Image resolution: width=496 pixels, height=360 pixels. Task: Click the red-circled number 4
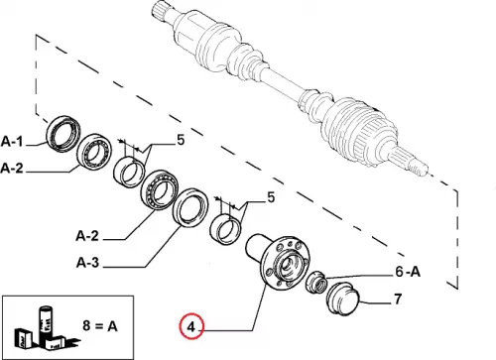click(x=191, y=326)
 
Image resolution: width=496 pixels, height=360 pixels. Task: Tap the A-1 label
click(x=12, y=141)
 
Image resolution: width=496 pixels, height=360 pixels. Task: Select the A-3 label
click(x=87, y=263)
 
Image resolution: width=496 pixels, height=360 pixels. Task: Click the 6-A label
click(x=408, y=272)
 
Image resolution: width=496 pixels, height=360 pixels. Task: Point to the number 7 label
click(x=397, y=300)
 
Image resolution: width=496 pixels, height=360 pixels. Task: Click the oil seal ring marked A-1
click(x=62, y=134)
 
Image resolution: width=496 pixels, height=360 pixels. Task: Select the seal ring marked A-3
click(x=190, y=207)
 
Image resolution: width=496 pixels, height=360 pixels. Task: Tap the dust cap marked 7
click(x=343, y=298)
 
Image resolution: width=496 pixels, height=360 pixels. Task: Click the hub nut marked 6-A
click(x=316, y=282)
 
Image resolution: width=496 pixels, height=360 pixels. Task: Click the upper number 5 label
click(x=181, y=140)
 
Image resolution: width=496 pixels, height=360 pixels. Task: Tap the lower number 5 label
click(x=271, y=197)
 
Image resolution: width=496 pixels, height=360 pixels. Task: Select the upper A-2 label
click(x=12, y=169)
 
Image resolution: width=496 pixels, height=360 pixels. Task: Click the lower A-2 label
click(x=87, y=236)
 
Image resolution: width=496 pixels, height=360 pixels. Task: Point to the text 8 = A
click(x=100, y=326)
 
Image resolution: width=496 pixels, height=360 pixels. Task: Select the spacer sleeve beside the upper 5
click(x=129, y=172)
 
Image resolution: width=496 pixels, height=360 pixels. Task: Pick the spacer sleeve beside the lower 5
click(x=226, y=229)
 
